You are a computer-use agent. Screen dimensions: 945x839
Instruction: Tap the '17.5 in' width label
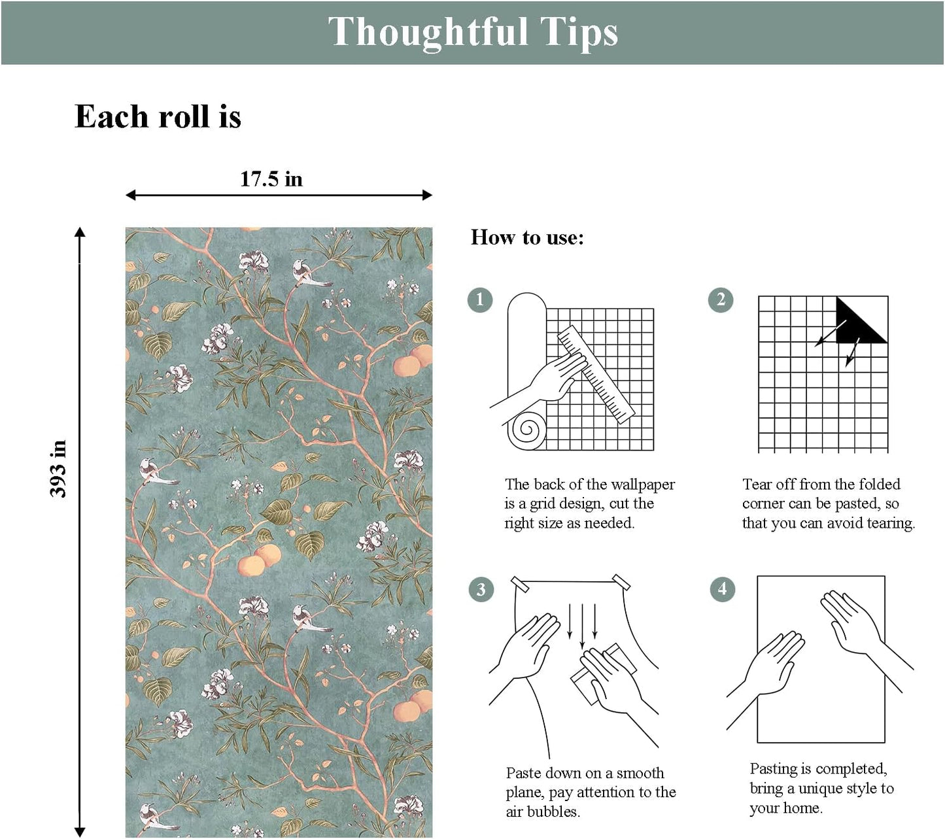point(271,179)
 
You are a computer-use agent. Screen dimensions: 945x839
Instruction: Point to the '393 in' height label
point(59,469)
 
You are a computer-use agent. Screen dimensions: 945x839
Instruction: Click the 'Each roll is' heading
point(158,116)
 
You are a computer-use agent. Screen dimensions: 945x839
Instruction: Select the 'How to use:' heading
point(527,237)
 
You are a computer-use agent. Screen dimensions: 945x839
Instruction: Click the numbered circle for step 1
point(480,300)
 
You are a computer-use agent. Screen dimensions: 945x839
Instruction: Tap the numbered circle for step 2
point(721,300)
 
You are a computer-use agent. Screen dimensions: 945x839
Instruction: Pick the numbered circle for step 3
point(481,589)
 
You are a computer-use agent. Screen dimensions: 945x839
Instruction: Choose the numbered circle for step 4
point(722,589)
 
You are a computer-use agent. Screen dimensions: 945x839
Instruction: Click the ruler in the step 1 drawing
point(596,374)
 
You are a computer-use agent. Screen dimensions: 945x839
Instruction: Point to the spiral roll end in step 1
point(527,429)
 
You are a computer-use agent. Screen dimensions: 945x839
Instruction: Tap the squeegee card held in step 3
point(604,674)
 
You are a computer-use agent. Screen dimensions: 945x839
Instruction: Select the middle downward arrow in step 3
point(582,626)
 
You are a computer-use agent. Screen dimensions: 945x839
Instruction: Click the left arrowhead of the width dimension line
point(131,195)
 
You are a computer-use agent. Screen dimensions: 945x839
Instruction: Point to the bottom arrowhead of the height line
point(80,832)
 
